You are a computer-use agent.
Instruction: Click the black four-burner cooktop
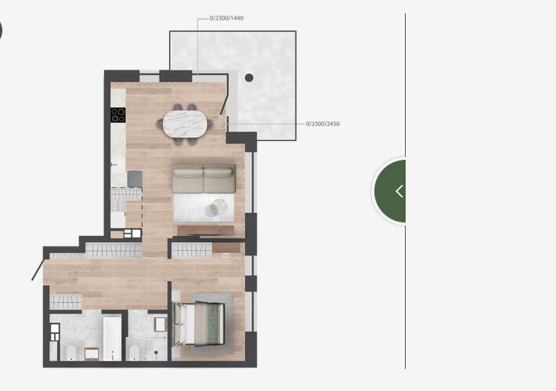pyautogui.click(x=117, y=115)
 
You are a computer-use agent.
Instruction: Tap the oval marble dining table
pyautogui.click(x=185, y=124)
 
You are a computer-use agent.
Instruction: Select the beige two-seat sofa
pyautogui.click(x=204, y=179)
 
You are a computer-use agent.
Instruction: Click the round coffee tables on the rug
pyautogui.click(x=216, y=208)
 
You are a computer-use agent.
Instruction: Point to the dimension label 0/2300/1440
pyautogui.click(x=226, y=18)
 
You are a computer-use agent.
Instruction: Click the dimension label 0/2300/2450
pyautogui.click(x=323, y=124)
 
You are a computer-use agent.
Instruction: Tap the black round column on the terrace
pyautogui.click(x=249, y=78)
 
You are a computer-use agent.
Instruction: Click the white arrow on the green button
pyautogui.click(x=399, y=191)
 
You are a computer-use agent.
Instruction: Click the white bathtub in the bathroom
pyautogui.click(x=113, y=339)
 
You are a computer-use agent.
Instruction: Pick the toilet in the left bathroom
pyautogui.click(x=71, y=353)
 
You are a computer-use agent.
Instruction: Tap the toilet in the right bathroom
pyautogui.click(x=134, y=353)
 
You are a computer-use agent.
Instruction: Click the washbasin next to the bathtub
pyautogui.click(x=92, y=353)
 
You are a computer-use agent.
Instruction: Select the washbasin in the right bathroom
pyautogui.click(x=161, y=324)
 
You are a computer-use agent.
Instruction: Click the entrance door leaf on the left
pyautogui.click(x=38, y=270)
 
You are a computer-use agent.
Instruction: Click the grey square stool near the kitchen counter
pyautogui.click(x=135, y=179)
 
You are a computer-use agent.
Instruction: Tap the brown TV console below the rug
pyautogui.click(x=206, y=230)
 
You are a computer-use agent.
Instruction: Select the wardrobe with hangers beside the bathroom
pyautogui.click(x=66, y=302)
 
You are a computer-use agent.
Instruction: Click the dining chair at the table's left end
pyautogui.click(x=160, y=124)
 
